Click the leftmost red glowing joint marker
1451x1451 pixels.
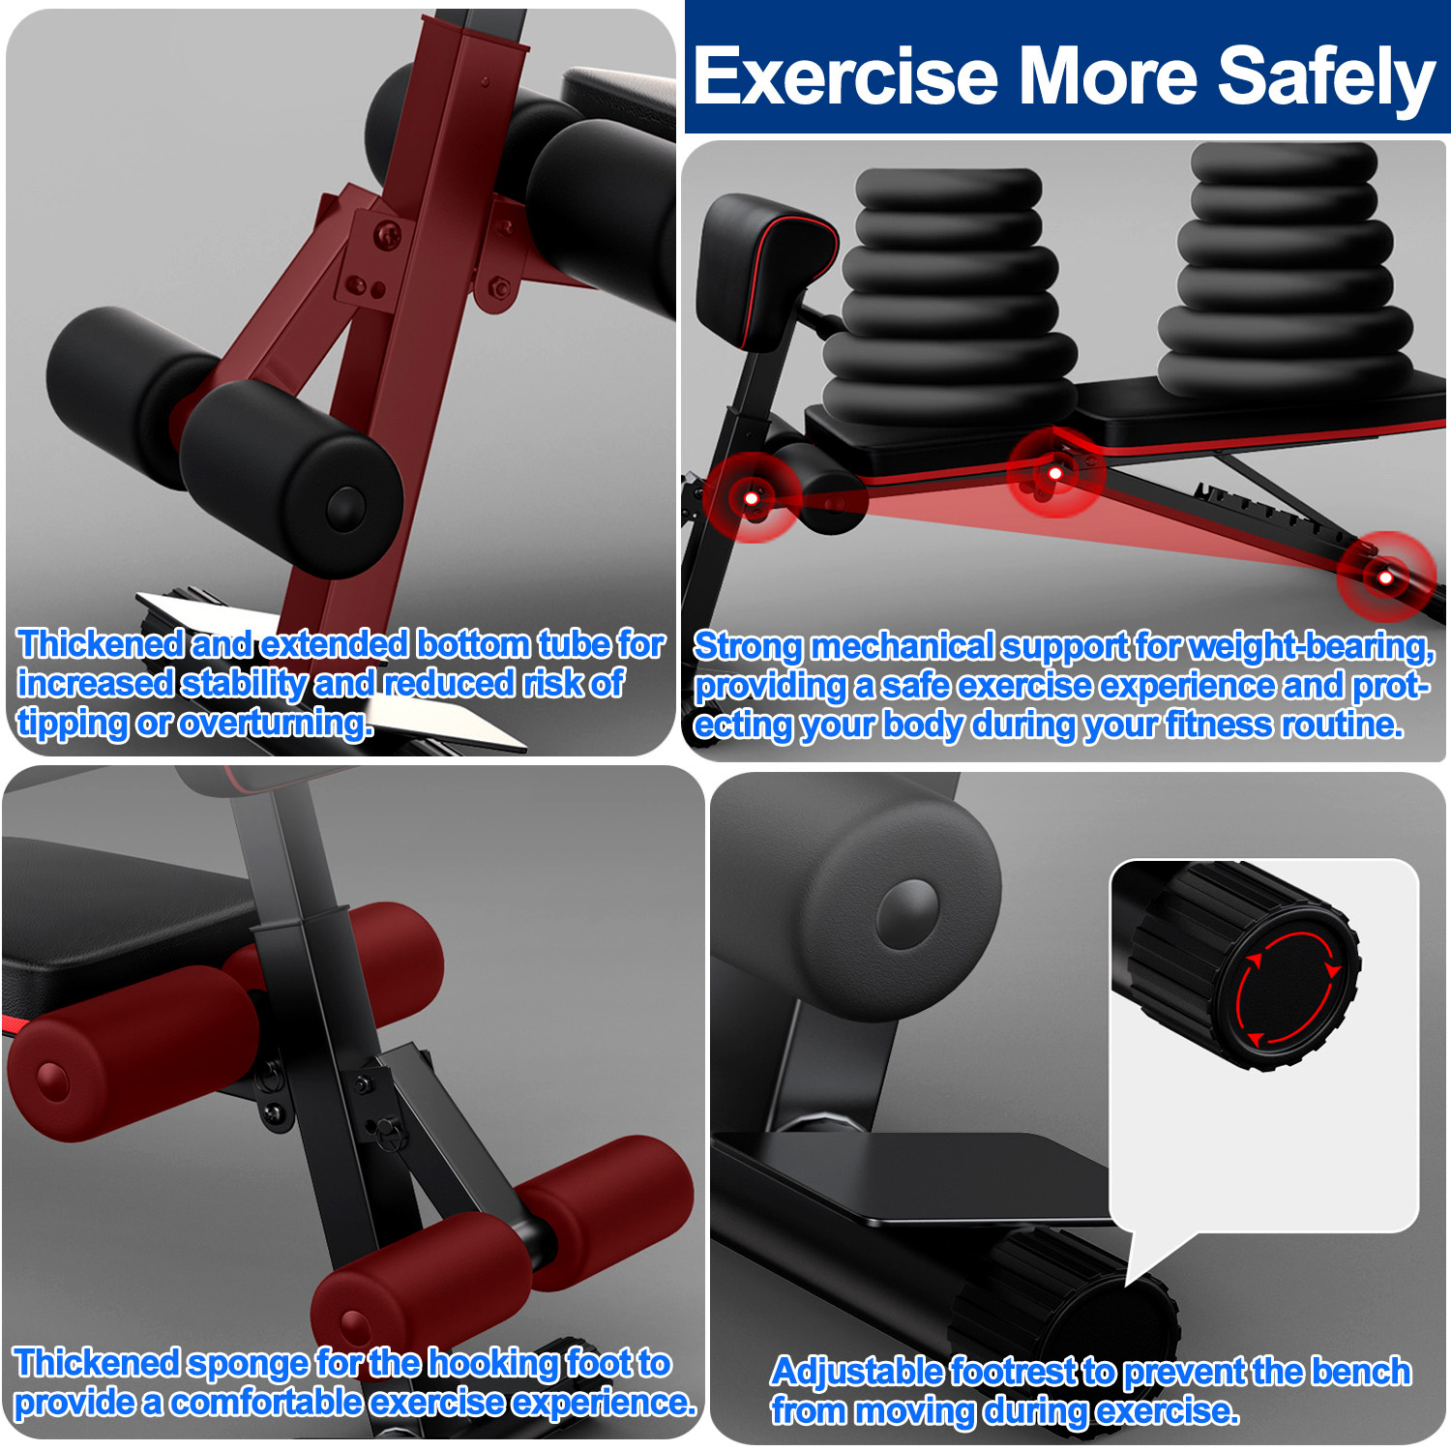click(752, 498)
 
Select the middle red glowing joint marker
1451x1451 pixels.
click(1055, 473)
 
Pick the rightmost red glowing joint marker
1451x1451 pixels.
click(1385, 577)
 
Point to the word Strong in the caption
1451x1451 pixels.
click(748, 646)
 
